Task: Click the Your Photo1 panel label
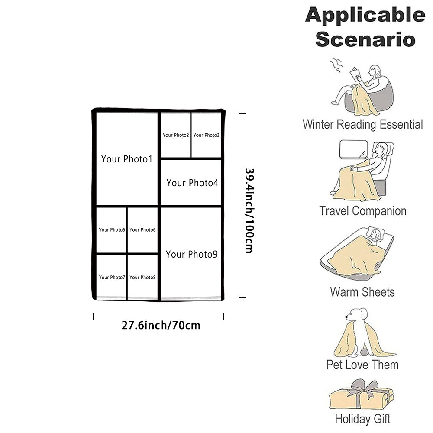127,159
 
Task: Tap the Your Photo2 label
176,135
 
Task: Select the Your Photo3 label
206,135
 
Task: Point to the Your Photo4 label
192,183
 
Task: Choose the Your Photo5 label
112,230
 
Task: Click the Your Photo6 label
142,230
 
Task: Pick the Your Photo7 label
112,278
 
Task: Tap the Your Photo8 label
142,278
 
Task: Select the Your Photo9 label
191,254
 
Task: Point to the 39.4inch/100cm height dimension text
249,211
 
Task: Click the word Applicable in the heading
365,16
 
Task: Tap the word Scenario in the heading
365,39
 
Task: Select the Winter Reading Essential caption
362,125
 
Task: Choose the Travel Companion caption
363,211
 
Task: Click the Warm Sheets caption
362,292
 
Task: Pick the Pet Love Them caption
362,365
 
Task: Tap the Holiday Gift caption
362,419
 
